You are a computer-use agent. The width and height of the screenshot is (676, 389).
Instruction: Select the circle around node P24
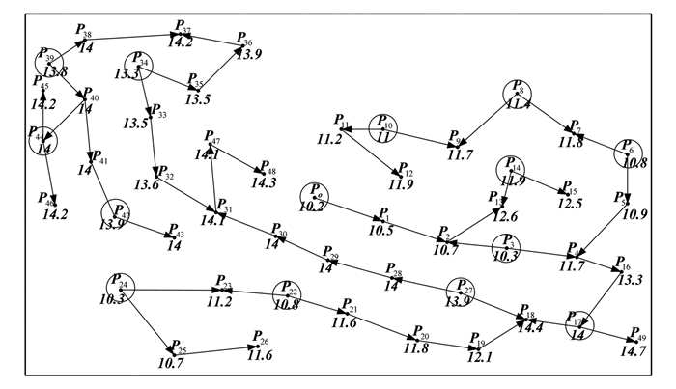click(x=121, y=287)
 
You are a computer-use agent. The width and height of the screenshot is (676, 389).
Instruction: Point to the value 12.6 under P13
click(x=506, y=215)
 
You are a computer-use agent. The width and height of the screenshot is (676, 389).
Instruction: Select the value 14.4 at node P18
click(x=532, y=328)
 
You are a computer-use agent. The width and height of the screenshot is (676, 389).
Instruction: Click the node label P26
click(x=260, y=339)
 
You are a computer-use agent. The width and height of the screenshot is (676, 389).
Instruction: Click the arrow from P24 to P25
click(x=148, y=320)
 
